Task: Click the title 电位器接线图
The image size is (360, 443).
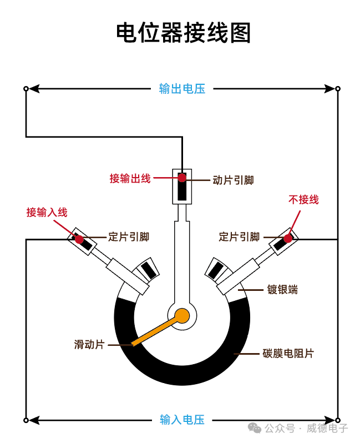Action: click(183, 33)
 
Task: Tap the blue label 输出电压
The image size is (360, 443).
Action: click(182, 89)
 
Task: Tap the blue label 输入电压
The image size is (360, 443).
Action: click(182, 420)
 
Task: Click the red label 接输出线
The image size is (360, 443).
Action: click(130, 179)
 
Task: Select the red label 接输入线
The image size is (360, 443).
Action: click(47, 212)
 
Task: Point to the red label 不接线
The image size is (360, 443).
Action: click(303, 200)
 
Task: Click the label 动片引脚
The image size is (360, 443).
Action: click(233, 180)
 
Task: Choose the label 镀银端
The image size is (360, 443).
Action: click(282, 290)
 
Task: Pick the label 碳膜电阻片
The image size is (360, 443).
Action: click(288, 353)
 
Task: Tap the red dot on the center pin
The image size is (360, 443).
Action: click(182, 178)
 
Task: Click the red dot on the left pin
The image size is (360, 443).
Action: click(79, 239)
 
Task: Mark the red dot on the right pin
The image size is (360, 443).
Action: click(287, 239)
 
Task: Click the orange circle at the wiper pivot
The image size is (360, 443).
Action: click(182, 316)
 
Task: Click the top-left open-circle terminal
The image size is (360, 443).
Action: click(26, 89)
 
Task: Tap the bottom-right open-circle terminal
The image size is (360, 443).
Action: click(338, 420)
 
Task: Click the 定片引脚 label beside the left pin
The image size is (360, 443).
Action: click(129, 237)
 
